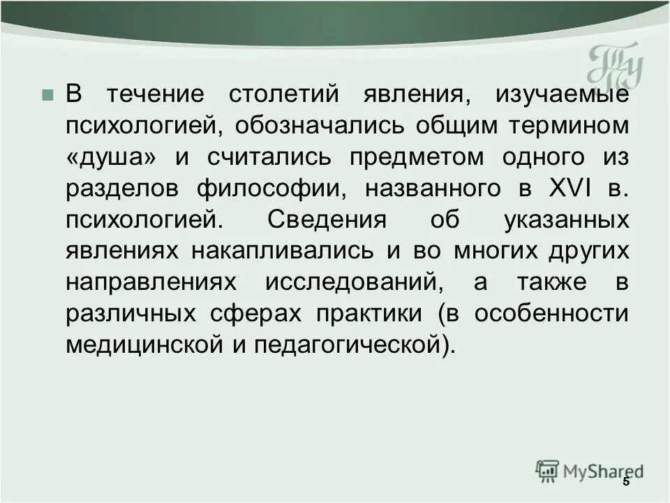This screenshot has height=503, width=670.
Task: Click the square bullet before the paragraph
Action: [x=47, y=95]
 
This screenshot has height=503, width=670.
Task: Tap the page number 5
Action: [x=626, y=481]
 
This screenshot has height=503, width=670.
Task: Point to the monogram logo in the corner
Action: [x=615, y=67]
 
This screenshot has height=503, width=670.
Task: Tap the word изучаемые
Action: [x=563, y=95]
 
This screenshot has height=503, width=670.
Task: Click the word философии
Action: [x=270, y=189]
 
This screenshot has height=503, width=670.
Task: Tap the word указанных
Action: [x=565, y=220]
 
